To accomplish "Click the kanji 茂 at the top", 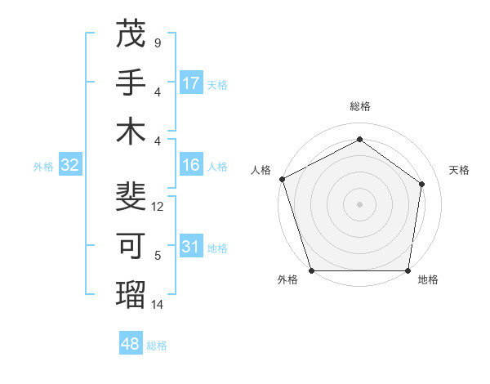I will click(131, 35).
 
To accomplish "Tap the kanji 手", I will click(131, 83).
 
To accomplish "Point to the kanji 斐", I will click(131, 197).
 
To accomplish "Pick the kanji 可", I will click(131, 245).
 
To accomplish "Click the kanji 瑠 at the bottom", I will click(131, 293).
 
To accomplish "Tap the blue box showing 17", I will click(191, 83).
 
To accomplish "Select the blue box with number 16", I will click(191, 165).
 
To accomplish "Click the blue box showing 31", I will click(191, 247).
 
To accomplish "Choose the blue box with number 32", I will click(70, 166).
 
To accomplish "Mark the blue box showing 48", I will click(131, 344).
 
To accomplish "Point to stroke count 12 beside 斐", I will click(158, 207).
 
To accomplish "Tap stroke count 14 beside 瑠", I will click(158, 305).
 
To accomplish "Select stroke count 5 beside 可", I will click(158, 256).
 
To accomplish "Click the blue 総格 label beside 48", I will click(157, 346).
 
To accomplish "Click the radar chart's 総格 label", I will click(359, 107).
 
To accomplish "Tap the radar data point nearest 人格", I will click(282, 179).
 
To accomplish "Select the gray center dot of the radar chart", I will click(359, 203).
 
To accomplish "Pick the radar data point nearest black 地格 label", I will click(408, 270).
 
